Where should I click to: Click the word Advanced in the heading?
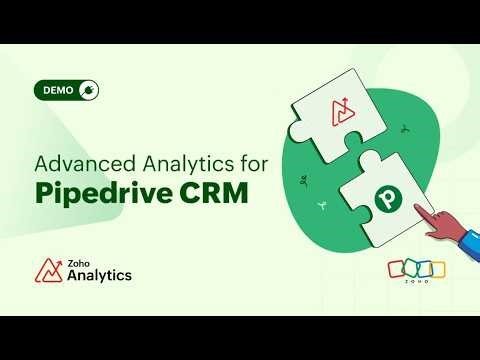pyautogui.click(x=77, y=162)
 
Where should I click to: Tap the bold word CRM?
pyautogui.click(x=212, y=192)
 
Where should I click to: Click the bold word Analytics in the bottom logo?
pyautogui.click(x=99, y=275)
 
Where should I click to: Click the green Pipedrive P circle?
pyautogui.click(x=386, y=198)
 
